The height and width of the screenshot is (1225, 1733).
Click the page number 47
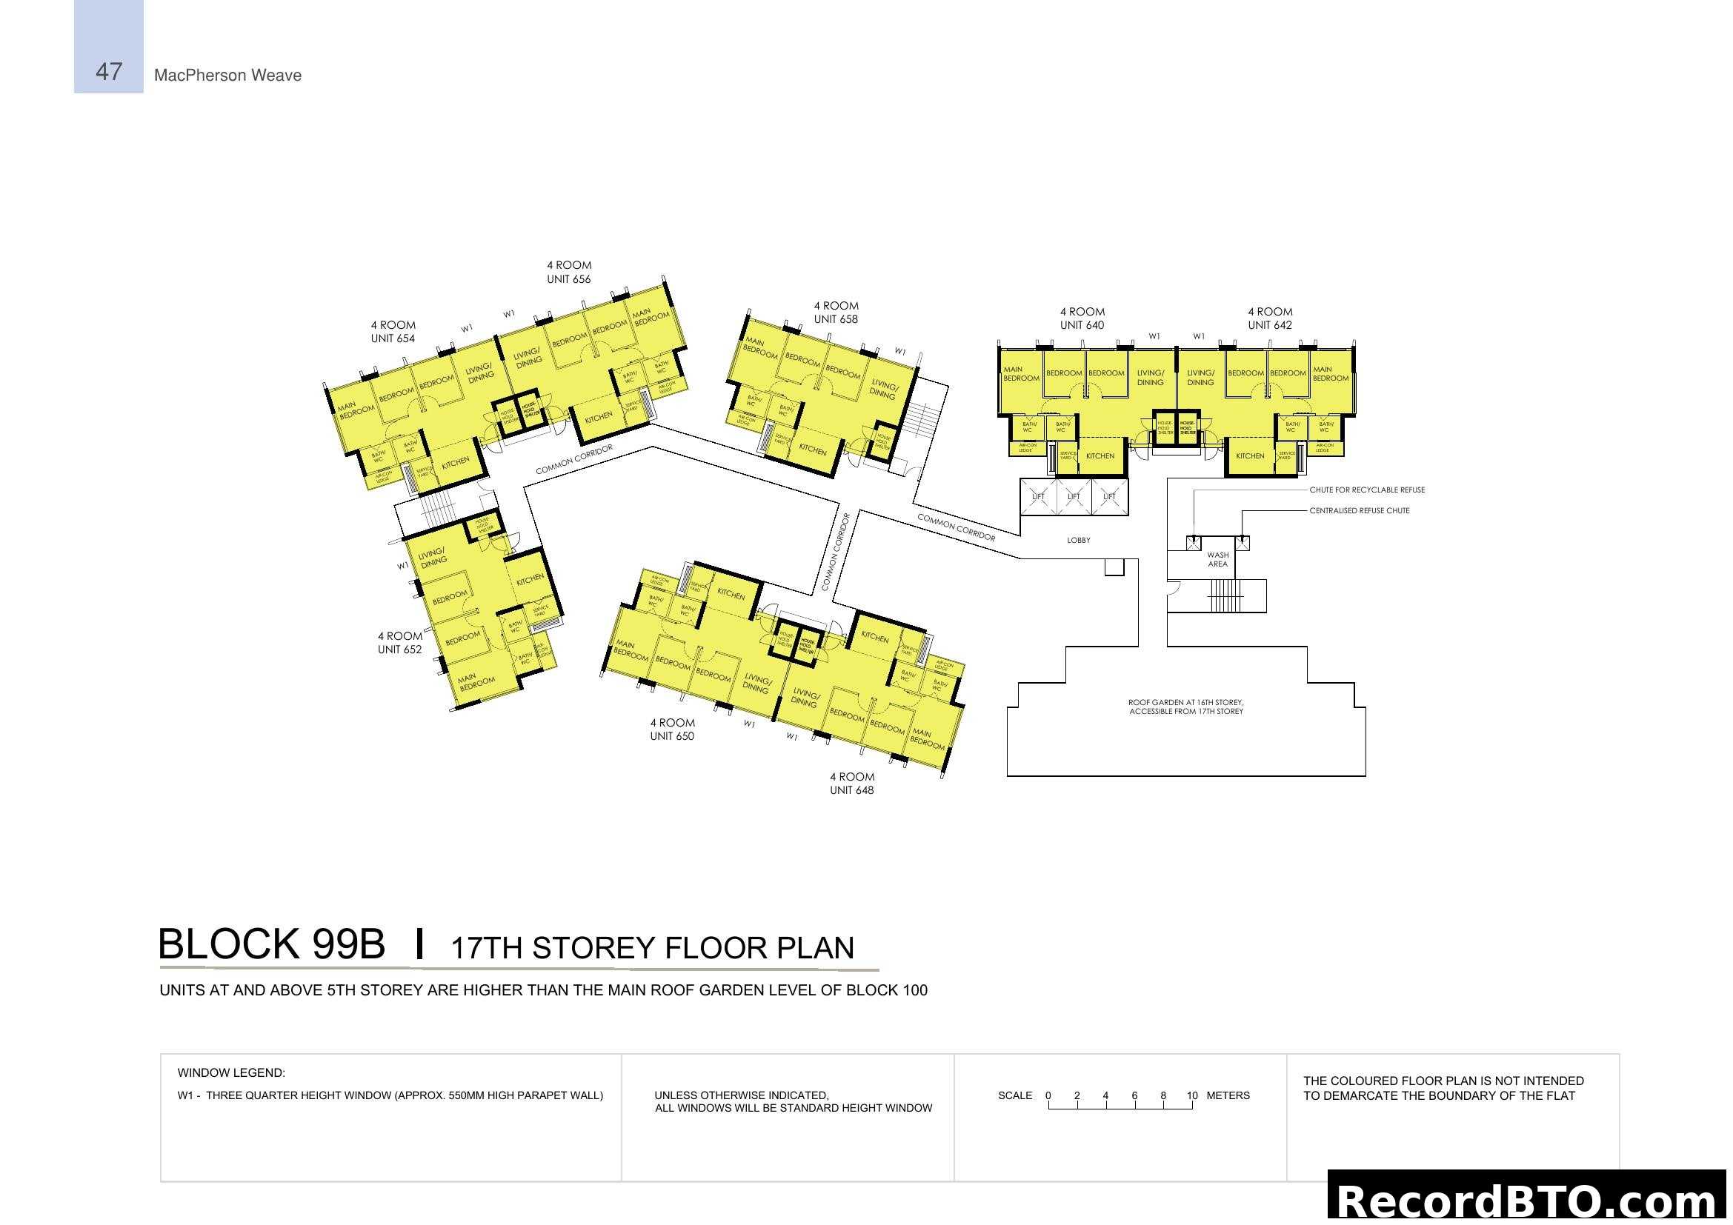pyautogui.click(x=109, y=72)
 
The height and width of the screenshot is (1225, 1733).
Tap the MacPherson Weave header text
pyautogui.click(x=227, y=76)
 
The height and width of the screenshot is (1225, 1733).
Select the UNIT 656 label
pyautogui.click(x=568, y=279)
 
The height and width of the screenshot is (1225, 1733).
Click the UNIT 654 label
pyautogui.click(x=393, y=338)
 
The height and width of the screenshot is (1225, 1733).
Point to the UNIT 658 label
pyautogui.click(x=836, y=319)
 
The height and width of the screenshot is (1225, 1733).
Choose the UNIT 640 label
pyautogui.click(x=1082, y=325)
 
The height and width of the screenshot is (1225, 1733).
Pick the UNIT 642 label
pyautogui.click(x=1270, y=325)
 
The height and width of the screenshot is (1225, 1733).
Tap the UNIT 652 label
pyautogui.click(x=399, y=650)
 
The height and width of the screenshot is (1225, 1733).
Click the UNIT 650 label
pyautogui.click(x=672, y=736)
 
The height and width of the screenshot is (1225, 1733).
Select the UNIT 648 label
pyautogui.click(x=851, y=790)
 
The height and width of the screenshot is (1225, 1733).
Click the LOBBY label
pyautogui.click(x=1079, y=540)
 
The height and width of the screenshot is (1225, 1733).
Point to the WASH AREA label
pyautogui.click(x=1217, y=560)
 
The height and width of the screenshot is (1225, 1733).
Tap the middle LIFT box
pyautogui.click(x=1074, y=496)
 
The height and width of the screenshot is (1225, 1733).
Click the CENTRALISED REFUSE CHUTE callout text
pyautogui.click(x=1359, y=511)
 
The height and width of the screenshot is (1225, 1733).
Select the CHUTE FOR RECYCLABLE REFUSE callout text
pyautogui.click(x=1366, y=490)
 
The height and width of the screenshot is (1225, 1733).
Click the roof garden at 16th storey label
pyautogui.click(x=1185, y=707)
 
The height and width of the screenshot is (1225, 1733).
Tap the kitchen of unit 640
pyautogui.click(x=1100, y=456)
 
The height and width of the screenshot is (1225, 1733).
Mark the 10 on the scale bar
pyautogui.click(x=1192, y=1095)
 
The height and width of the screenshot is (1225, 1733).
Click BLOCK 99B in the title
pyautogui.click(x=271, y=944)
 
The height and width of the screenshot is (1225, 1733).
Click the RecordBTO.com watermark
pyautogui.click(x=1529, y=1201)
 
